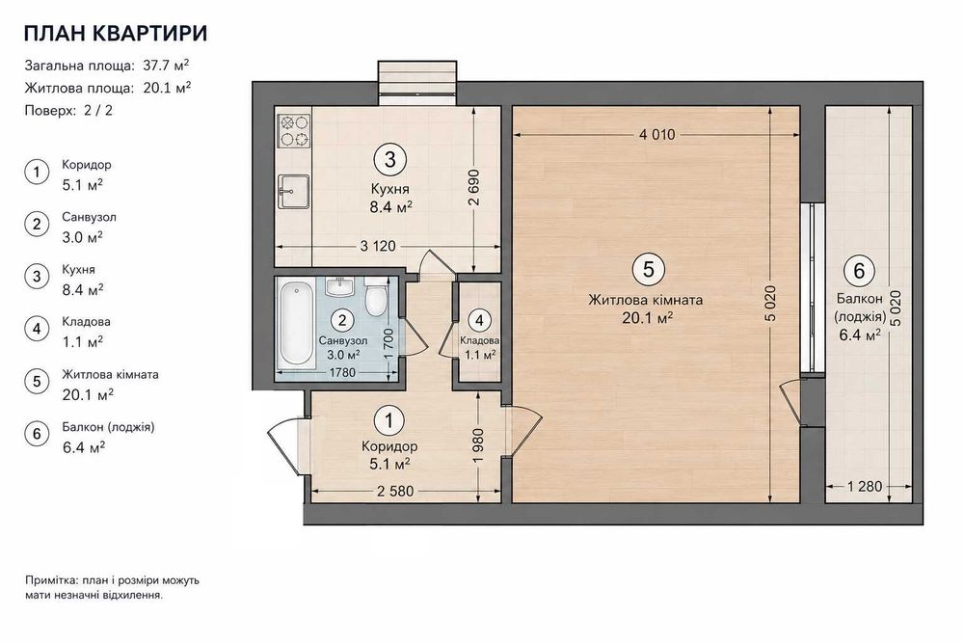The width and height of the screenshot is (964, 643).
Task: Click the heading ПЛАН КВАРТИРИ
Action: point(116,33)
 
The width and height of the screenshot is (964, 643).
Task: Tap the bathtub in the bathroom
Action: point(296,324)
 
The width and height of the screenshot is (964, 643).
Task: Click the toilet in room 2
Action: point(375,297)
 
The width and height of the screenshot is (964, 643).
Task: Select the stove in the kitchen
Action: point(294,131)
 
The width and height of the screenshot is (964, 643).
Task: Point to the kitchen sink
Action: point(294,191)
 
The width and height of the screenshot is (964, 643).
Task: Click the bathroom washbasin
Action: point(338,286)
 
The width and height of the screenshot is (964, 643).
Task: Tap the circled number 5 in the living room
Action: point(648,269)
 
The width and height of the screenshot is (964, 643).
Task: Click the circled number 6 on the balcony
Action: point(859,271)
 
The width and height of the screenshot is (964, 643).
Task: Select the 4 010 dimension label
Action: point(656,134)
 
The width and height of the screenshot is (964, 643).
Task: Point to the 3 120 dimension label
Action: point(378,246)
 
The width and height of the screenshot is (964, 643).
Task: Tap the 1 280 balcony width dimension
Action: point(865,486)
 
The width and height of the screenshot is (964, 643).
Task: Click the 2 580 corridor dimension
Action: point(395,491)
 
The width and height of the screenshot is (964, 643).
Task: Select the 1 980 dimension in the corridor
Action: point(479,445)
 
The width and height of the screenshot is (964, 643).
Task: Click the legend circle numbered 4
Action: point(37,330)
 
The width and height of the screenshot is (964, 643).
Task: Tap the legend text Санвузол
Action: point(89,217)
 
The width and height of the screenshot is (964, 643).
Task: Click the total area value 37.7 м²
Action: point(166,66)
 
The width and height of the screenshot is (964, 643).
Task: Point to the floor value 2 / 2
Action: point(98,111)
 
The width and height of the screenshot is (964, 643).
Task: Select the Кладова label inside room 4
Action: point(479,340)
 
